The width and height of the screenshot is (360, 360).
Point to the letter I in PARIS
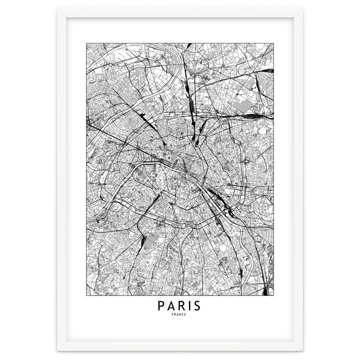pos(190,306)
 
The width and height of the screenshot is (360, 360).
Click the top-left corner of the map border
pos(86,43)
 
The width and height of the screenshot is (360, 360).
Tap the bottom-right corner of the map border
pos(274,295)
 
